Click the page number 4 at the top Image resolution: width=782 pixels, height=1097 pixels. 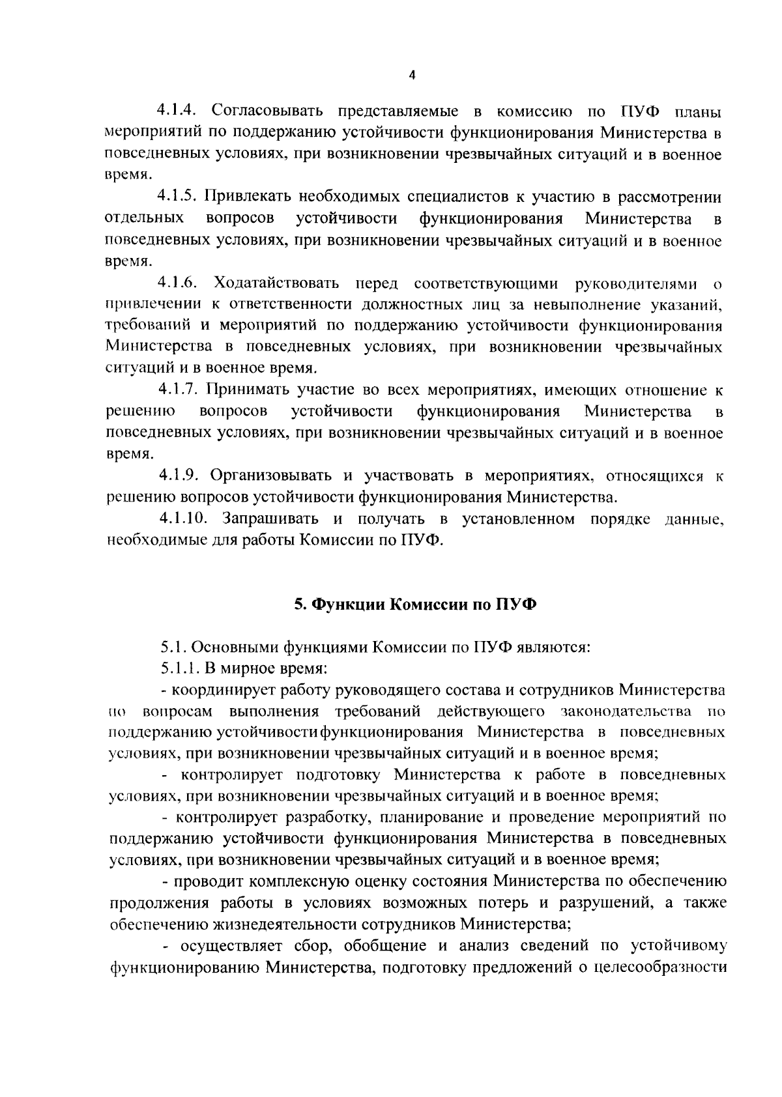[x=411, y=75]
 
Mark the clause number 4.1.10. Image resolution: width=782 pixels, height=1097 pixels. [x=184, y=519]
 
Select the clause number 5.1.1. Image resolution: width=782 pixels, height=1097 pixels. [x=180, y=668]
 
